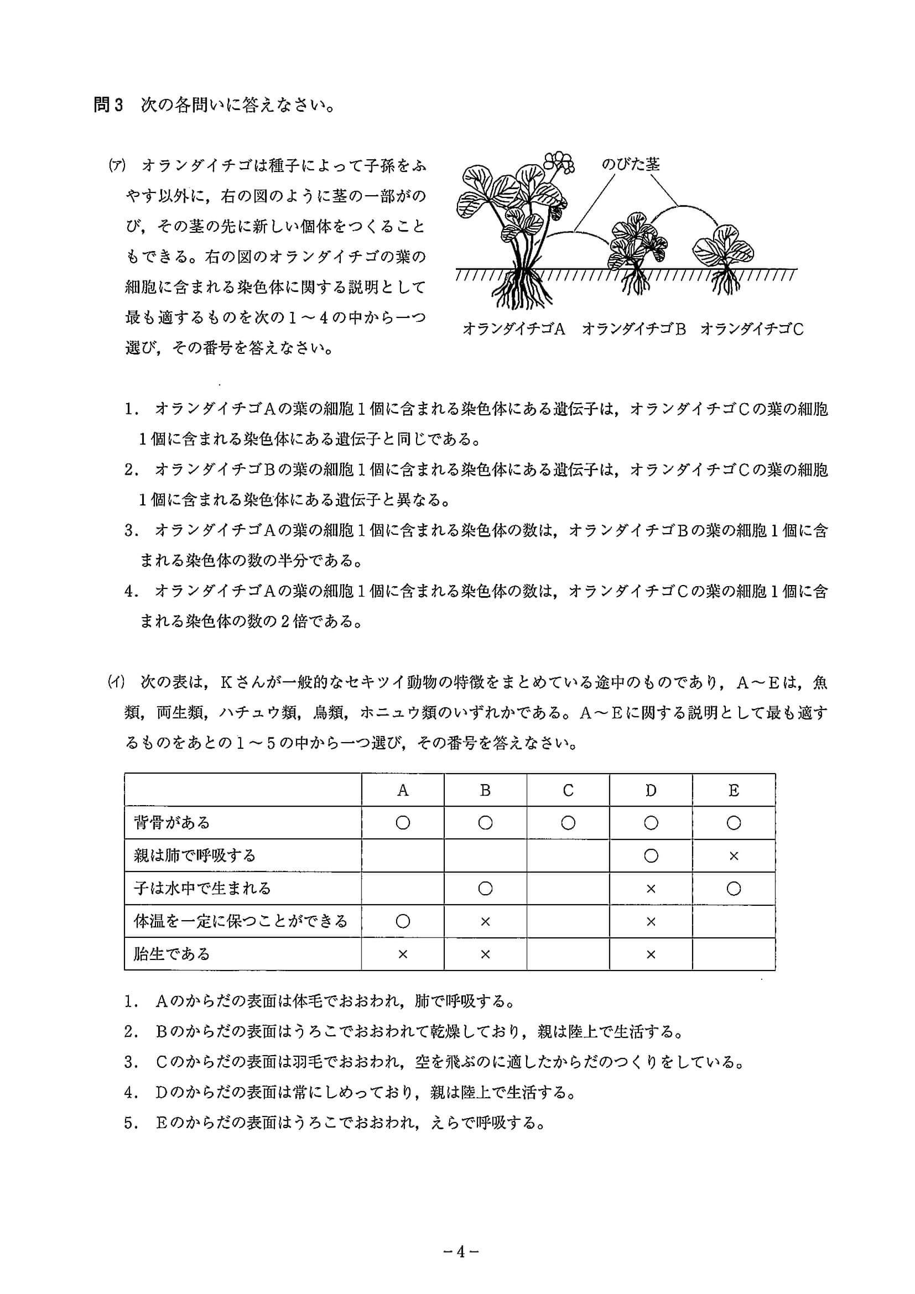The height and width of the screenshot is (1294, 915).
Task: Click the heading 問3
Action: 108,106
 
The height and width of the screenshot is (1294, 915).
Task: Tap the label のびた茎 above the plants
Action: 630,164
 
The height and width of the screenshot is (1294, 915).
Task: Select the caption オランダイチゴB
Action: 633,329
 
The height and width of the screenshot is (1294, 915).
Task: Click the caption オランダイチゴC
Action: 751,329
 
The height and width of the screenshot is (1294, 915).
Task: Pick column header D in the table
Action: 651,790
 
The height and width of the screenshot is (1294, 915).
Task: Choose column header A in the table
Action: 403,790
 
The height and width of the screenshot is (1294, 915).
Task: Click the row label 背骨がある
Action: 172,823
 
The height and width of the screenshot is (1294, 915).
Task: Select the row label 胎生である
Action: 172,954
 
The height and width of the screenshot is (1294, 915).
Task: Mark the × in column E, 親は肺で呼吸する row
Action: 734,856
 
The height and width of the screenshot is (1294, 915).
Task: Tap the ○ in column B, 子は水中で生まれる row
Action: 485,889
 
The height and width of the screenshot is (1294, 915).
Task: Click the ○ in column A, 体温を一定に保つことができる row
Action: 403,921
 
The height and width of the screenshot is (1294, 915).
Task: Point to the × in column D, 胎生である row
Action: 651,954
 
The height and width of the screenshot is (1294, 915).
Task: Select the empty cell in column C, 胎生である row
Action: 568,954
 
